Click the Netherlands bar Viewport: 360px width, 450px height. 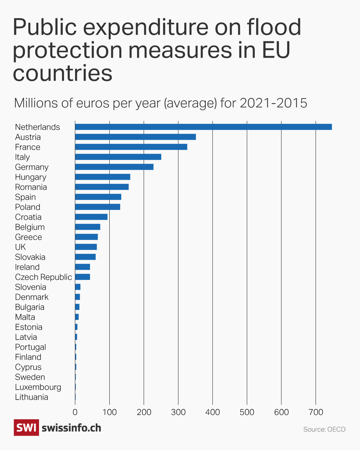203,127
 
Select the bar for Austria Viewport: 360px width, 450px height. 135,137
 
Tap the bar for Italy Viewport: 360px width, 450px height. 118,157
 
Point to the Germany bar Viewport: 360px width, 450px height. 114,167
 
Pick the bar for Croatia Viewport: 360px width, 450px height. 91,217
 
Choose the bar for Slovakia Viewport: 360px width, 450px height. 85,257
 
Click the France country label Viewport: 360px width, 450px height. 28,147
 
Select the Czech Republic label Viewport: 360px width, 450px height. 43,277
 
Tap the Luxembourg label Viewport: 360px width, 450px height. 38,387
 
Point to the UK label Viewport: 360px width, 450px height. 20,247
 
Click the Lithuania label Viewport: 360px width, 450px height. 32,397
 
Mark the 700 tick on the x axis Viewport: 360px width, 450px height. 316,412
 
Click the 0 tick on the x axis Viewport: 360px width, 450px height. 75,412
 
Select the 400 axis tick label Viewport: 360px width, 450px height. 213,412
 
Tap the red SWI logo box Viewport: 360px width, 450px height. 26,427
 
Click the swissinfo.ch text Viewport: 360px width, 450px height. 71,428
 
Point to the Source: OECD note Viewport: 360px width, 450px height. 324,429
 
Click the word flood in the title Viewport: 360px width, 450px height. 274,27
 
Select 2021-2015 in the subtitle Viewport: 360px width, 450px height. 273,103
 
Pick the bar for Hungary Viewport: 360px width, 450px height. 102,177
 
